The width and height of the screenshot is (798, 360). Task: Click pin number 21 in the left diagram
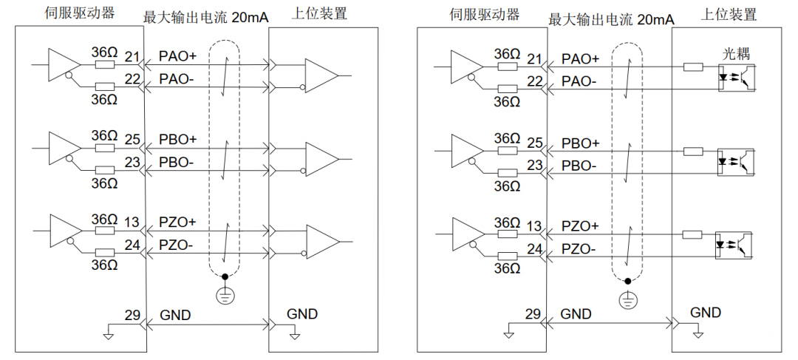pos(132,56)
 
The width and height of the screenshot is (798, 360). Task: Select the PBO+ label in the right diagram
pos(581,143)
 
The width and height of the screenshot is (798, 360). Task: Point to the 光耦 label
pos(735,54)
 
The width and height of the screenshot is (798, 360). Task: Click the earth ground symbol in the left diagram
pos(222,296)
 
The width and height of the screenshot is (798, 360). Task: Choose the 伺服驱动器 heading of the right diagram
pos(485,14)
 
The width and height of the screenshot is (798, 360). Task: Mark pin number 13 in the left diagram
pos(132,222)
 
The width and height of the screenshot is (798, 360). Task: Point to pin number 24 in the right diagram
pos(534,249)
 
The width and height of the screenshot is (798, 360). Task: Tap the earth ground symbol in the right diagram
pos(627,300)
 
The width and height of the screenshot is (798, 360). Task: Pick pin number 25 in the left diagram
pos(132,139)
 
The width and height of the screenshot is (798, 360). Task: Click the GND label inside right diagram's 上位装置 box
pos(706,313)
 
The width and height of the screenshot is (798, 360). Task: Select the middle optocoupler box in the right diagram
pos(736,160)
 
